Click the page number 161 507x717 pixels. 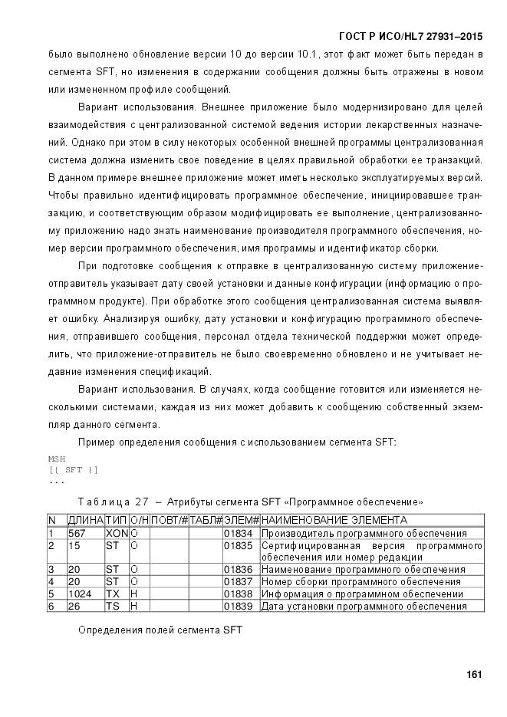point(473,674)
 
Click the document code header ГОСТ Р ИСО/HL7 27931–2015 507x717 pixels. point(410,37)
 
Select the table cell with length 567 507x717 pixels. point(76,533)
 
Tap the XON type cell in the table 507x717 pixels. point(116,533)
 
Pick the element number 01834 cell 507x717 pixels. point(237,533)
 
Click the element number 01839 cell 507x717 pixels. point(237,606)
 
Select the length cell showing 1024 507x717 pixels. point(80,594)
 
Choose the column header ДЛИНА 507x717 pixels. point(85,521)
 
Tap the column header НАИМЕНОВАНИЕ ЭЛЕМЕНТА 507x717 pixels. point(334,521)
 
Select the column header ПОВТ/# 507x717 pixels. point(169,521)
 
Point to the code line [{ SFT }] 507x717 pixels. point(73,469)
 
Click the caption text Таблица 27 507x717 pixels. point(112,502)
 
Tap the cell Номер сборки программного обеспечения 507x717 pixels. point(360,581)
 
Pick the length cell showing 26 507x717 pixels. point(74,606)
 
